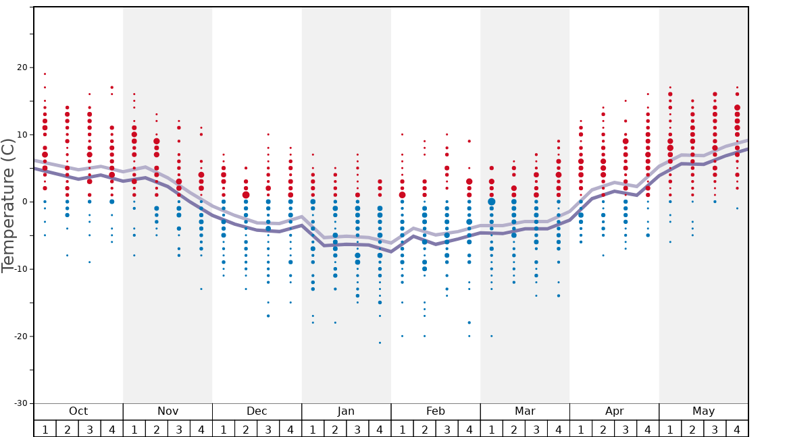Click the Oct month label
point(78,411)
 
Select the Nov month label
point(168,411)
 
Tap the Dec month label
point(257,411)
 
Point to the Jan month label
point(346,411)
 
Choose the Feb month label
point(436,411)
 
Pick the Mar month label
point(525,411)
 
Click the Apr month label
point(614,411)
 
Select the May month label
point(703,411)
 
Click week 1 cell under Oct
point(45,429)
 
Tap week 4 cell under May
point(737,429)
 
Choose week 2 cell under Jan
point(335,429)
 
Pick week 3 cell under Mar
point(536,429)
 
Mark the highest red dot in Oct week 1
point(45,74)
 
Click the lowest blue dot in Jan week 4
point(380,343)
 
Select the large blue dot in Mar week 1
point(491,202)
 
